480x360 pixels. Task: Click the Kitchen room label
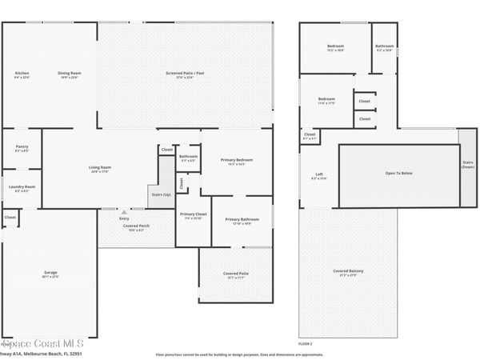[22, 74]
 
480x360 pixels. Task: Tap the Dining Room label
[70, 74]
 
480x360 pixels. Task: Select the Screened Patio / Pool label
[180, 74]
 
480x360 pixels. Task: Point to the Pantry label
[22, 146]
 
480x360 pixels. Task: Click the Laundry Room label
[22, 187]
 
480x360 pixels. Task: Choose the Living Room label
[100, 167]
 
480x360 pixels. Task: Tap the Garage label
[50, 273]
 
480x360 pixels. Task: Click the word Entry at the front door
[124, 218]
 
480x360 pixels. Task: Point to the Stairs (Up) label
[160, 194]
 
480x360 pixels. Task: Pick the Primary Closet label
[193, 214]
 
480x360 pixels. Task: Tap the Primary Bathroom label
[242, 219]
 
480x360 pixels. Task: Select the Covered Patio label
[236, 274]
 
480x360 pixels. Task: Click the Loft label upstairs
[318, 174]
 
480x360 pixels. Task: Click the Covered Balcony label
[348, 271]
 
